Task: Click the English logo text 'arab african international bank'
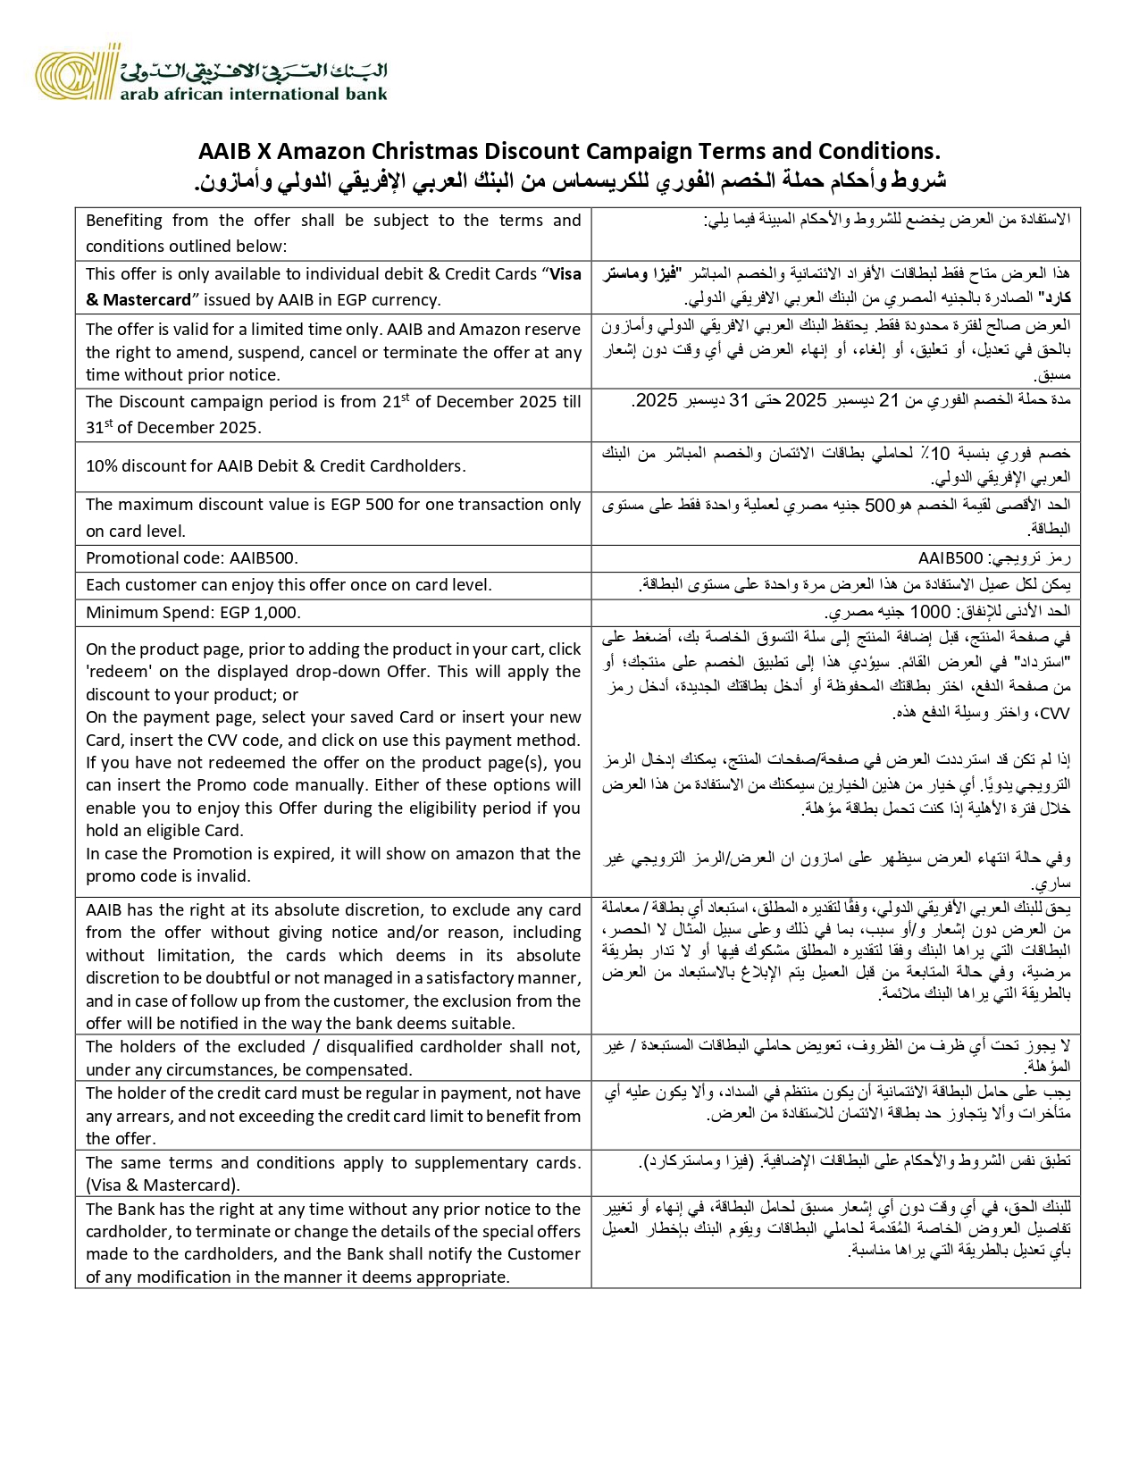tap(255, 93)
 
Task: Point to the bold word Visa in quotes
tap(565, 274)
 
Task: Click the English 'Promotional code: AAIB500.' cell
tap(192, 558)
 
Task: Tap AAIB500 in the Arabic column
tap(951, 558)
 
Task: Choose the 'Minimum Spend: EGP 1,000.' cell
tap(193, 612)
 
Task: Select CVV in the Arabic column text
tap(1055, 713)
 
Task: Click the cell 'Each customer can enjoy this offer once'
tap(289, 585)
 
